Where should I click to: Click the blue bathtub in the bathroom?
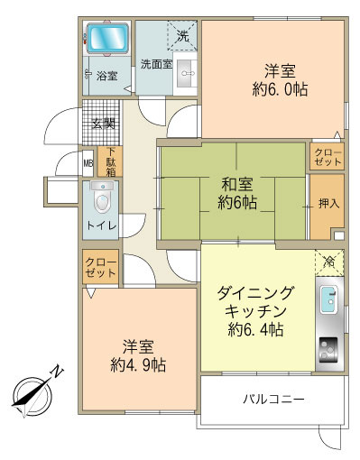[x=108, y=40]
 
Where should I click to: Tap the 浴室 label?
[x=106, y=77]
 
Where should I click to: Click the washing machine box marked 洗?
[x=182, y=36]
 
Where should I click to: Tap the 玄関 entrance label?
[x=103, y=124]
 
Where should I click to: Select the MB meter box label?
[x=88, y=163]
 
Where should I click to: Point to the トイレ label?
[x=100, y=226]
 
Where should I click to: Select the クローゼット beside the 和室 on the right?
[x=328, y=157]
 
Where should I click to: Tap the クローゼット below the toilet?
[x=100, y=268]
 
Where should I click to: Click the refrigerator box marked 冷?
[x=328, y=262]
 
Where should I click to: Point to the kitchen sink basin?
[x=328, y=299]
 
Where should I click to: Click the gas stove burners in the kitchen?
[x=328, y=345]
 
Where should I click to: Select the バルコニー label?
[x=272, y=399]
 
